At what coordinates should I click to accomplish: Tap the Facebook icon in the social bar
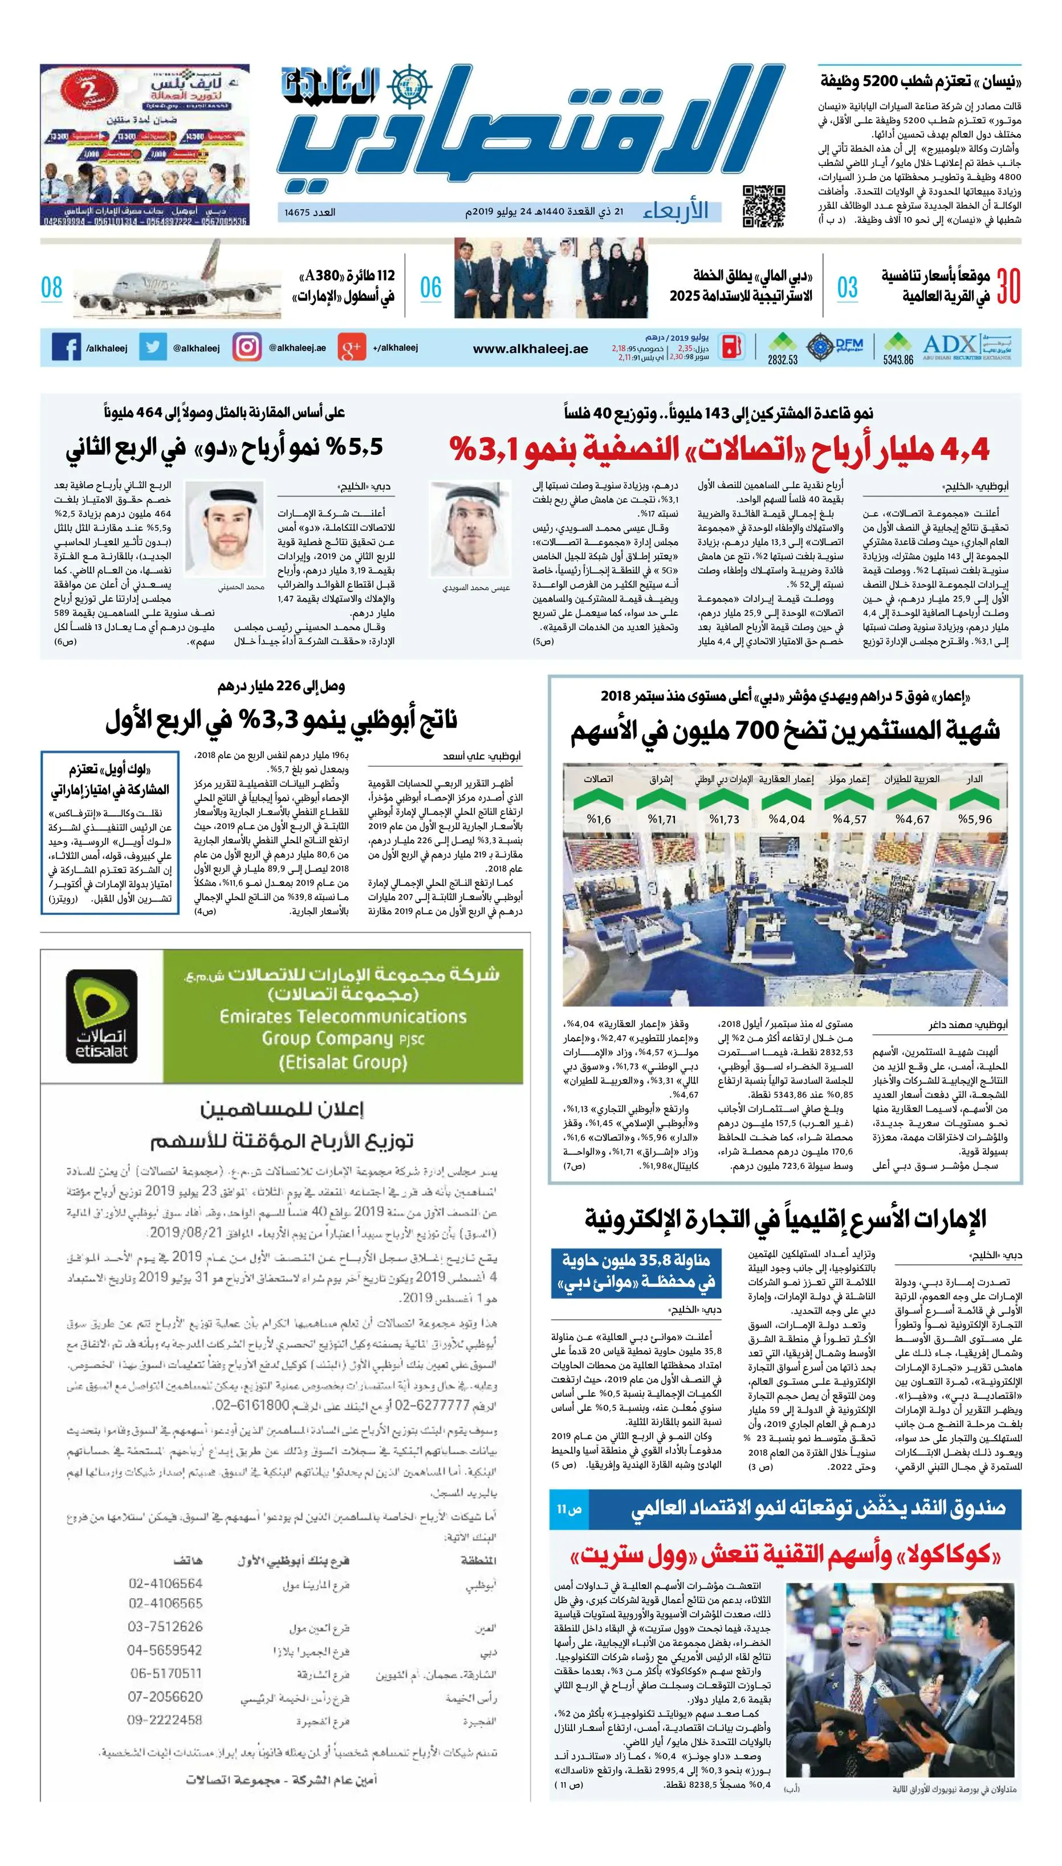pyautogui.click(x=66, y=348)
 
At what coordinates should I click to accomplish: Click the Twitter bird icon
pyautogui.click(x=152, y=347)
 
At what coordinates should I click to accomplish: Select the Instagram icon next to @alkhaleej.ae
pyautogui.click(x=246, y=347)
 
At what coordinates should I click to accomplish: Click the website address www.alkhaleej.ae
pyautogui.click(x=530, y=349)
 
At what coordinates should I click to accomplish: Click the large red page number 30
pyautogui.click(x=1008, y=287)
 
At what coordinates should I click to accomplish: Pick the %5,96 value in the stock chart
pyautogui.click(x=975, y=819)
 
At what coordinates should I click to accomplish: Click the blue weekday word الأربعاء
pyautogui.click(x=676, y=212)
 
